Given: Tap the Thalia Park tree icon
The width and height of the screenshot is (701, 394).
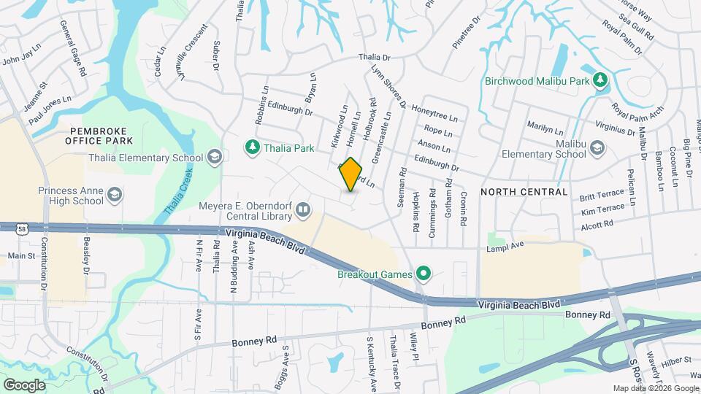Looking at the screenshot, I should point(252,148).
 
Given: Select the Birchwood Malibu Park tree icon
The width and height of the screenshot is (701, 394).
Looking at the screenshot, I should point(600,80).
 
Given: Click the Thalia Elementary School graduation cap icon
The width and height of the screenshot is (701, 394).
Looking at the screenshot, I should point(214,158).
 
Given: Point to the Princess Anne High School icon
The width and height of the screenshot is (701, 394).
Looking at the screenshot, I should point(115,195).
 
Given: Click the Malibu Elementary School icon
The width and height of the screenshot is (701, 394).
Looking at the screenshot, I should point(597,149).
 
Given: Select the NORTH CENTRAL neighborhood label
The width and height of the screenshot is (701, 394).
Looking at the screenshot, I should point(524,192).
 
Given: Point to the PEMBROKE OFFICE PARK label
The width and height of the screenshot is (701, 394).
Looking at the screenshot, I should point(101,135).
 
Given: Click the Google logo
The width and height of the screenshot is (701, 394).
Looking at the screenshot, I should point(25,385).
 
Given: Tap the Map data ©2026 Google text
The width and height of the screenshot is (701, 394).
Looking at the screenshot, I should point(655,389).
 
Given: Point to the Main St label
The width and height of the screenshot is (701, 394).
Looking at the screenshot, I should point(21,256).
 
